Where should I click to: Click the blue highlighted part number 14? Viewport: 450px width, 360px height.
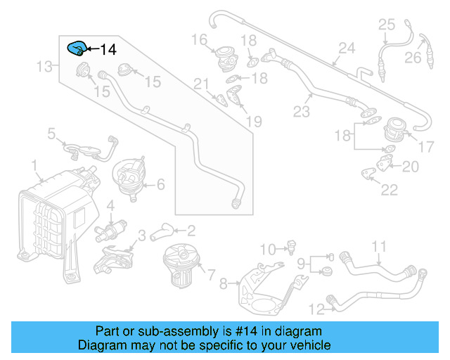[76, 49]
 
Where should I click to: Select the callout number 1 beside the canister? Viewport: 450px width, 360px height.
[34, 165]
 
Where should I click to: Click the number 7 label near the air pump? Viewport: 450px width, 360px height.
[211, 271]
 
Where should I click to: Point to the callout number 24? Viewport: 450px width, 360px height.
[346, 49]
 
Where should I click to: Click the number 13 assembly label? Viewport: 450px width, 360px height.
[45, 66]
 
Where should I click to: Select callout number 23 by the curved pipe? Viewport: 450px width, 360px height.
[302, 111]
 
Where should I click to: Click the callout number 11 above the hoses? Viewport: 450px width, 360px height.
[380, 246]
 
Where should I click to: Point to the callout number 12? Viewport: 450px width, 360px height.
[316, 308]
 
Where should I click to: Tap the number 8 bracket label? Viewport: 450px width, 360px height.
[224, 284]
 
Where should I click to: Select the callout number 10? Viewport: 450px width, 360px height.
[268, 249]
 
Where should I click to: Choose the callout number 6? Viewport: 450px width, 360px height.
[160, 184]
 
